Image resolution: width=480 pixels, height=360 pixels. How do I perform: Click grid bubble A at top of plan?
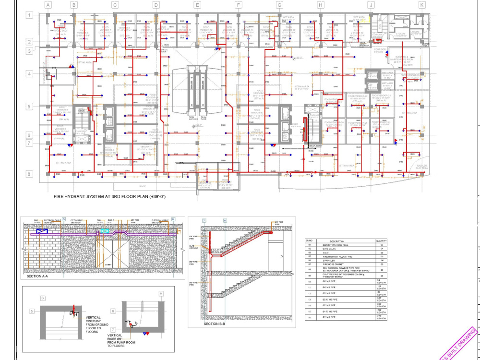[48, 5]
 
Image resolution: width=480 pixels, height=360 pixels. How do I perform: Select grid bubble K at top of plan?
[422, 5]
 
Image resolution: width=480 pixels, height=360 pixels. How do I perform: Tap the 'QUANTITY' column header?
[382, 241]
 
